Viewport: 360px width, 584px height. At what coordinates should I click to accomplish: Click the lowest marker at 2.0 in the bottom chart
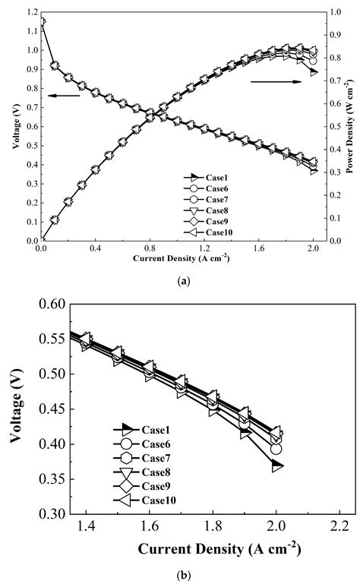(276, 466)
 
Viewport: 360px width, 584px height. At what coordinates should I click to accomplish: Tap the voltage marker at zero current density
(43, 22)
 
